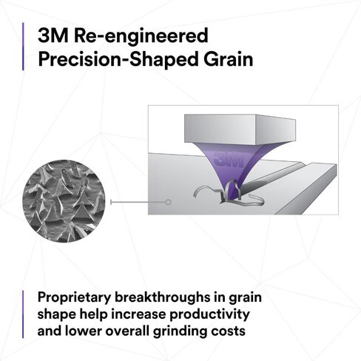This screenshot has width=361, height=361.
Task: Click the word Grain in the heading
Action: click(226, 60)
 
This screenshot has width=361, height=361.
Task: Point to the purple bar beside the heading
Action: click(24, 47)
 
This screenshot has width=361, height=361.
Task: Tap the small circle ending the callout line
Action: click(169, 201)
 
